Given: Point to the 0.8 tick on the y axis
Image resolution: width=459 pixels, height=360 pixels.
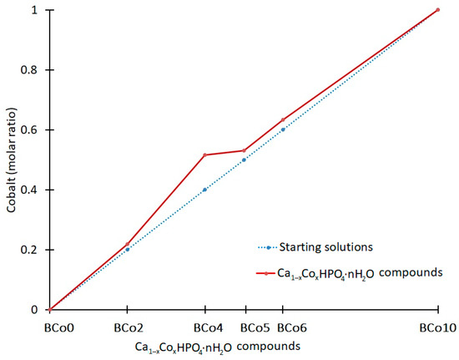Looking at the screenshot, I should [x=31, y=70].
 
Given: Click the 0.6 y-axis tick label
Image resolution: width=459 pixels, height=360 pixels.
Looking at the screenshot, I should [x=31, y=130].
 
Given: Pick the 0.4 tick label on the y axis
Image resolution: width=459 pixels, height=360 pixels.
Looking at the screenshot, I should [x=31, y=190].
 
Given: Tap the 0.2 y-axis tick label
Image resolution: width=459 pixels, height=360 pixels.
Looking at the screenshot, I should [x=31, y=250].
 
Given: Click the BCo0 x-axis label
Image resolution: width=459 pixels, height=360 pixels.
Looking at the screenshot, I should [x=49, y=327].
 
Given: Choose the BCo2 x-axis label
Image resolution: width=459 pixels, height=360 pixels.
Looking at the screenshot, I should [x=127, y=327].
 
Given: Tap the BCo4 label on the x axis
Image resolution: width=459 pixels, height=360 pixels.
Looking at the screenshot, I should [x=204, y=327].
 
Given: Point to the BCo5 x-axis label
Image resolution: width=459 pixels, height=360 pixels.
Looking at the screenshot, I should [x=244, y=327].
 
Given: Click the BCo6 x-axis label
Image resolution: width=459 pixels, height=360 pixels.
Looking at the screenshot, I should [x=283, y=327].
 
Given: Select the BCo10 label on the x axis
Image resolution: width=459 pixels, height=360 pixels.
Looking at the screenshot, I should [x=437, y=327].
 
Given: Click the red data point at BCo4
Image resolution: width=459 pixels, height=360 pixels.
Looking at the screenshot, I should [x=204, y=155].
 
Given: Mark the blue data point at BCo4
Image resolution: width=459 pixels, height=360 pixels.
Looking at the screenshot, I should [x=204, y=190].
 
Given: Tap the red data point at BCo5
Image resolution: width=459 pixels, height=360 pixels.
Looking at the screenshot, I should [x=244, y=150].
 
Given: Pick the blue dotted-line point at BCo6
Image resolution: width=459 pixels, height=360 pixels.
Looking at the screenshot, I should [x=283, y=129].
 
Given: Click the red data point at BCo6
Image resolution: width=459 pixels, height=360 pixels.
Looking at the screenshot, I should [x=283, y=119].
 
